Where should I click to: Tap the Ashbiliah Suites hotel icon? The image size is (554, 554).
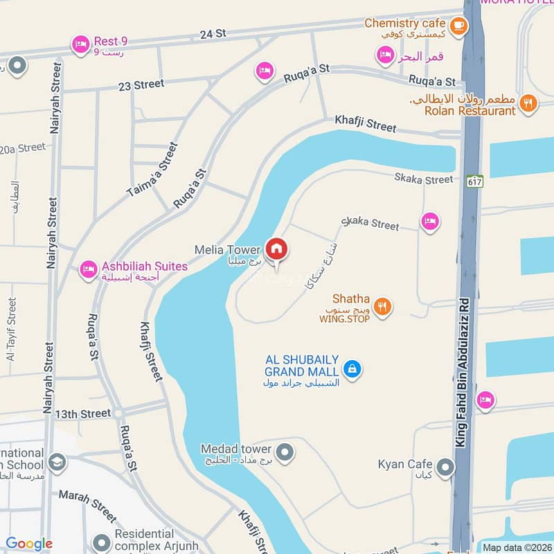click(x=88, y=269)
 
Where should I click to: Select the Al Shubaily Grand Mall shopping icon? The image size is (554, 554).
click(x=352, y=369)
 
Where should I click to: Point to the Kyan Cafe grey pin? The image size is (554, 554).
click(x=446, y=467)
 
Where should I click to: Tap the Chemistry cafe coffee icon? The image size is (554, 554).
click(x=458, y=26)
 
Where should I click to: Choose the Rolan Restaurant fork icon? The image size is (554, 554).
click(x=528, y=104)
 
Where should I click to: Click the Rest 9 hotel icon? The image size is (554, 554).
click(x=81, y=45)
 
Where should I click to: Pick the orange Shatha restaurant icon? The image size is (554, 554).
click(x=382, y=305)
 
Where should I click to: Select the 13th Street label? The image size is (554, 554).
click(x=83, y=414)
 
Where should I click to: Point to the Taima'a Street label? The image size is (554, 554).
click(x=152, y=171)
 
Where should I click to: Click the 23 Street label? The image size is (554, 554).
click(x=141, y=84)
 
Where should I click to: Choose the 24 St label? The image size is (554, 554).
click(x=213, y=33)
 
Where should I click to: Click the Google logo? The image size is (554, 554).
click(x=29, y=544)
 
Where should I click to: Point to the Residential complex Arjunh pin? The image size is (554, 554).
click(x=102, y=542)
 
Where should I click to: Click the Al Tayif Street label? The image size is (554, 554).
click(x=10, y=330)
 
